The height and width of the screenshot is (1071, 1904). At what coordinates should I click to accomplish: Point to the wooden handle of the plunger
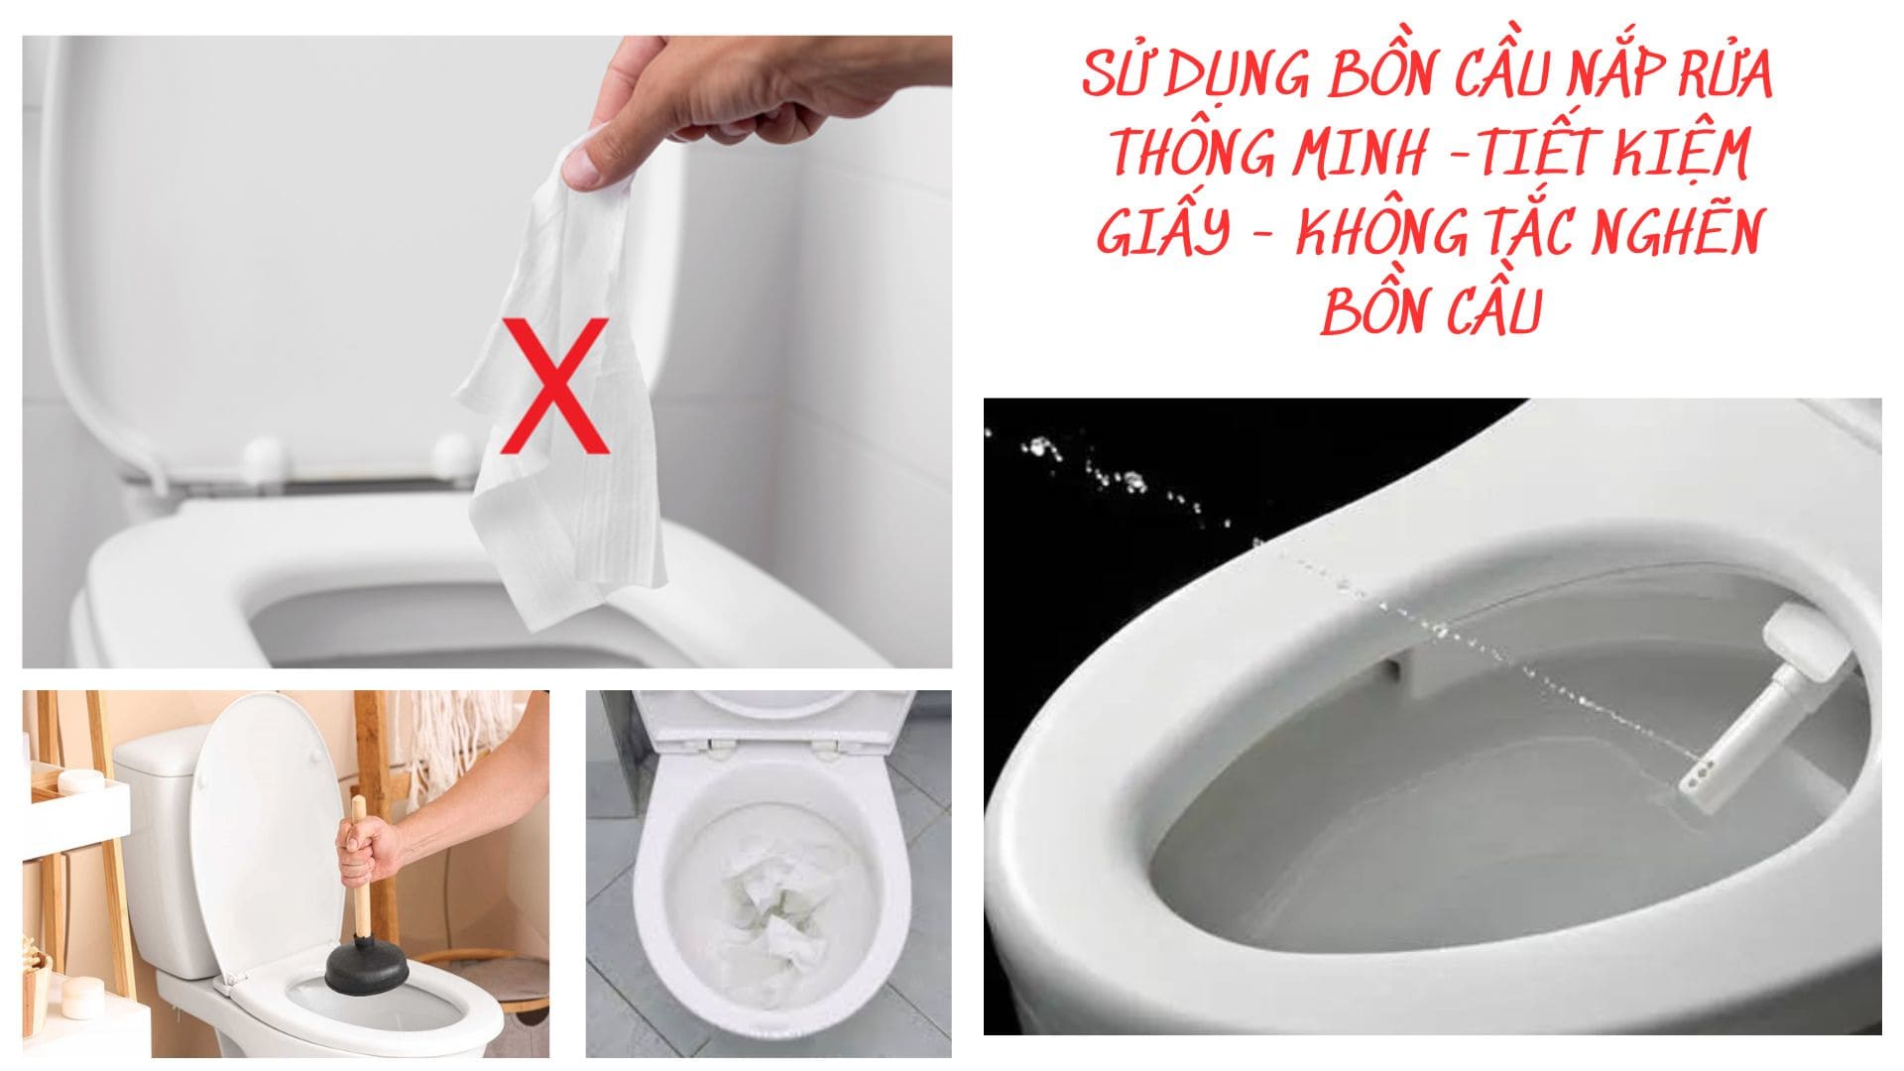[359, 873]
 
